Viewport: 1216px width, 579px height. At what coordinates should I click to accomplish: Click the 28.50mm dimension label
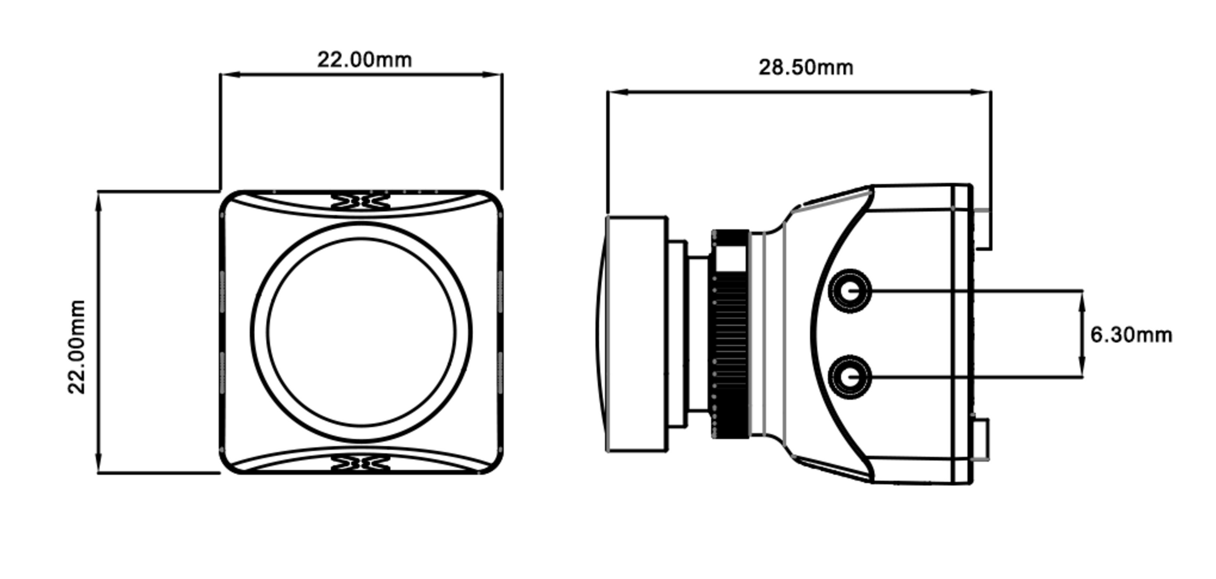click(805, 67)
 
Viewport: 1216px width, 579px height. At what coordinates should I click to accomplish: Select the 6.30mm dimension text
click(1131, 335)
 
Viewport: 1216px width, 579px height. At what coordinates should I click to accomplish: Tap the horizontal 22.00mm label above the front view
click(364, 60)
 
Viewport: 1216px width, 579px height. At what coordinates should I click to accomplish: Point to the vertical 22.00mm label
click(76, 347)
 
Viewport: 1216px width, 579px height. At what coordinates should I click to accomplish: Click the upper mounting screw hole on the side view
click(850, 291)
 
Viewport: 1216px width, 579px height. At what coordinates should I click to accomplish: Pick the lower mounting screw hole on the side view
click(850, 377)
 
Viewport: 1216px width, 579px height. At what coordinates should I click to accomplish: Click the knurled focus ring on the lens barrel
click(730, 334)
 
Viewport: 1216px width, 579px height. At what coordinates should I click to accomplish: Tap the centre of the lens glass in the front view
click(361, 332)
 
